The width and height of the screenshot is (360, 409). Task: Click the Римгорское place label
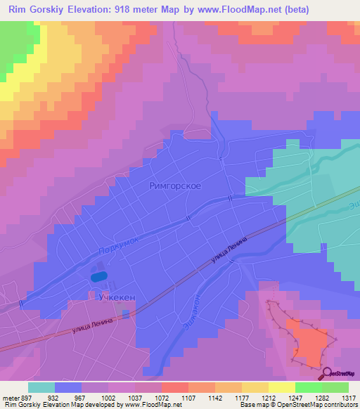pos(176,186)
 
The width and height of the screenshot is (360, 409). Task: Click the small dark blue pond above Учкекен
pos(100,277)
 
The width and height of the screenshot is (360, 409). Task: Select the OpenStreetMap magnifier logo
pos(328,373)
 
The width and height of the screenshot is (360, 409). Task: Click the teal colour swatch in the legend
pos(41,387)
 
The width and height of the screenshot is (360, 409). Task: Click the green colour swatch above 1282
pos(308,387)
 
